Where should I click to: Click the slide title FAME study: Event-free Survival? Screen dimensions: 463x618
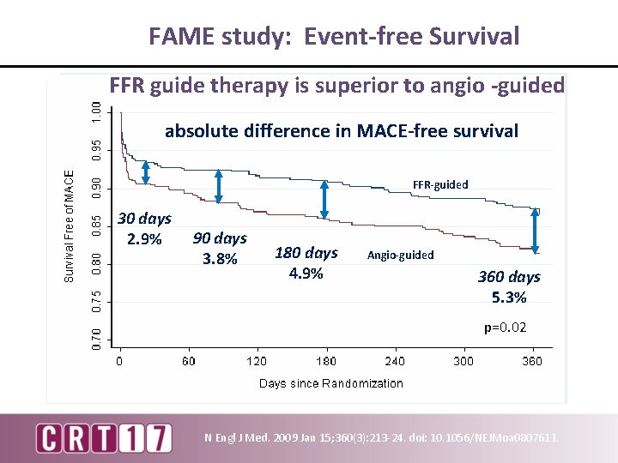point(334,36)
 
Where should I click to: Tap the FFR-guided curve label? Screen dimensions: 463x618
point(440,184)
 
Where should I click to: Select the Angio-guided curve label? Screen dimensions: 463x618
point(400,255)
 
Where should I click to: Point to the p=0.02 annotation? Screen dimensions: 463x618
point(505,328)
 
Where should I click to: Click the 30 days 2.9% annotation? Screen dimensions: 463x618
point(144,228)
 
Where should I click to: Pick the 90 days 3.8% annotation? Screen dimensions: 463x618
point(220,248)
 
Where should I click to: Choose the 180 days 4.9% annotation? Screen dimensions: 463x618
point(306,263)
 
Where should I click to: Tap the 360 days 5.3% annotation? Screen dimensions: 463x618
point(509,287)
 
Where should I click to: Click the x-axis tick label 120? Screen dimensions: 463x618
point(257,361)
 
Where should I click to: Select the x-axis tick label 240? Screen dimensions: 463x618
point(395,361)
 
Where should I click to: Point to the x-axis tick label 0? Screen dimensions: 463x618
point(120,361)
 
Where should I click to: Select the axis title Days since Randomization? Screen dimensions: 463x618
point(330,383)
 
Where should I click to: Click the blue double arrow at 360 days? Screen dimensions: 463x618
point(536,231)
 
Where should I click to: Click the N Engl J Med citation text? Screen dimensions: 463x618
point(382,438)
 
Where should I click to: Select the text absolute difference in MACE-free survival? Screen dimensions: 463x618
point(342,131)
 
